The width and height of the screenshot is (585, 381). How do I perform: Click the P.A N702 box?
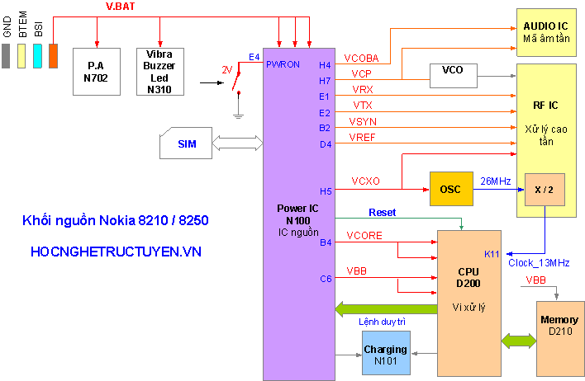coord(97,71)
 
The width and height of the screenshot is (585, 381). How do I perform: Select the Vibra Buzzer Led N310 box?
coord(159,71)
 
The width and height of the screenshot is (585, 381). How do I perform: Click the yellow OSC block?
coord(450,190)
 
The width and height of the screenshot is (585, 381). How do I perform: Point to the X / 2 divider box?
coord(545,190)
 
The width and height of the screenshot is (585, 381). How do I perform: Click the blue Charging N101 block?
coord(385,354)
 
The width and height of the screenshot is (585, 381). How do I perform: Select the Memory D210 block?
coord(559,324)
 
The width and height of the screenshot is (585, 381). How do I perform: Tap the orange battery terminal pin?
coord(54,56)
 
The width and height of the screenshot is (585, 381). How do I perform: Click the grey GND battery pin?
coord(7,56)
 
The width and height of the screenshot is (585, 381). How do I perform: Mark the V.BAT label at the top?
coord(121,7)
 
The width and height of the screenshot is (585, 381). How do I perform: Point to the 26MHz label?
coord(496,180)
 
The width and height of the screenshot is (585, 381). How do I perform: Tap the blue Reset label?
coord(382,212)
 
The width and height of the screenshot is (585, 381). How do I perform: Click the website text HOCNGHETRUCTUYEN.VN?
coord(116,252)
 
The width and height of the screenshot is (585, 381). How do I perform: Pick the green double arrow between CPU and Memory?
coord(519,340)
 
